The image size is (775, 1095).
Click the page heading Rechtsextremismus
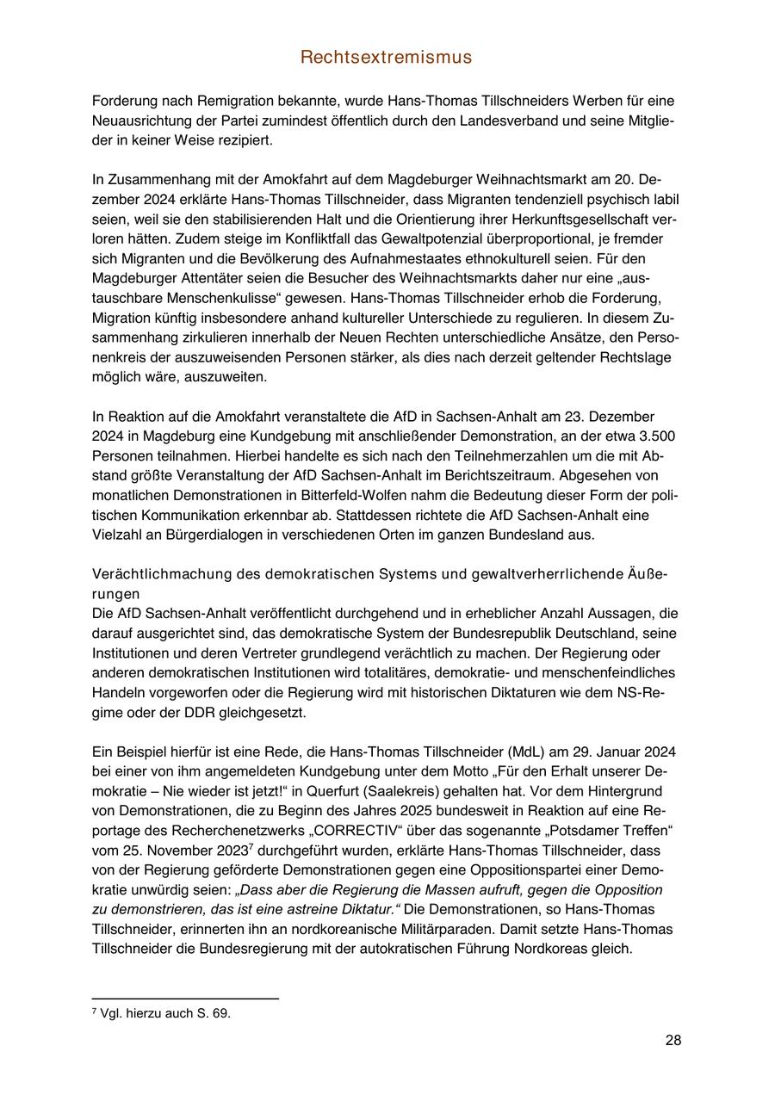[x=387, y=58]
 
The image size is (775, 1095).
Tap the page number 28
[x=673, y=1041]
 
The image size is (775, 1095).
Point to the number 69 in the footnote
[x=222, y=1014]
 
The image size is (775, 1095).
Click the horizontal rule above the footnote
[x=185, y=999]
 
